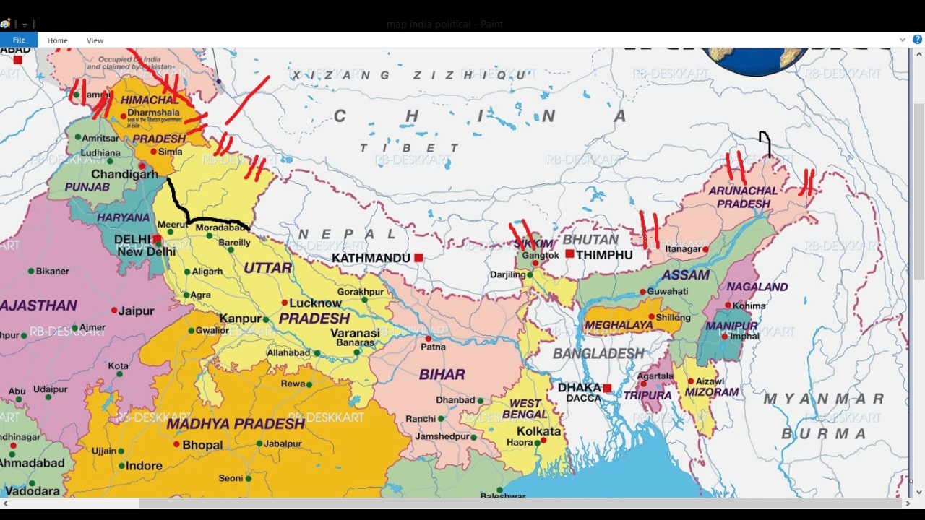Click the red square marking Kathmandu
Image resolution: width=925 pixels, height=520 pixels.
pyautogui.click(x=418, y=258)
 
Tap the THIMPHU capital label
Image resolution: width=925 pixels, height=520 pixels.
pyautogui.click(x=604, y=255)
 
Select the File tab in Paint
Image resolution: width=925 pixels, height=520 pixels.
pyautogui.click(x=19, y=40)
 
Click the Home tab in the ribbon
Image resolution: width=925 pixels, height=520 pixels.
pyautogui.click(x=57, y=40)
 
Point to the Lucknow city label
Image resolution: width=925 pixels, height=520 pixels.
pyautogui.click(x=315, y=303)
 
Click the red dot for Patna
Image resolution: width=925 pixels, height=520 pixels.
pyautogui.click(x=429, y=338)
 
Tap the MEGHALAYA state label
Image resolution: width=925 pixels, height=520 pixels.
pyautogui.click(x=619, y=325)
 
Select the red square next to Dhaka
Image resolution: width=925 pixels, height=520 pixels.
pyautogui.click(x=607, y=389)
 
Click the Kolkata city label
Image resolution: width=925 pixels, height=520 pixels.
pyautogui.click(x=539, y=431)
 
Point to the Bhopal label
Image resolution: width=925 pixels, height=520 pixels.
pyautogui.click(x=202, y=445)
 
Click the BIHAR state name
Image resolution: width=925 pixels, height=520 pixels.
pyautogui.click(x=442, y=374)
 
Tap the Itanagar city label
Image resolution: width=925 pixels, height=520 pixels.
pyautogui.click(x=684, y=249)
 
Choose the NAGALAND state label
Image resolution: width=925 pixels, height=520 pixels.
pyautogui.click(x=757, y=287)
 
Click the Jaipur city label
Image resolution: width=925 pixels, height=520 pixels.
pyautogui.click(x=137, y=311)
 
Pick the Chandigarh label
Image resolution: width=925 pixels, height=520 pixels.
pyautogui.click(x=124, y=174)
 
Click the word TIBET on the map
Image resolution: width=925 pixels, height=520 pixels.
pyautogui.click(x=410, y=148)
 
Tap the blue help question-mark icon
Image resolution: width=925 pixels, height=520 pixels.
pyautogui.click(x=917, y=40)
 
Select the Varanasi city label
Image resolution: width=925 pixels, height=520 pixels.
pyautogui.click(x=355, y=333)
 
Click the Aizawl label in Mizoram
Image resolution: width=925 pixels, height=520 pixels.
pyautogui.click(x=710, y=381)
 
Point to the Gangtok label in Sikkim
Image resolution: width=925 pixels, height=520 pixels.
pyautogui.click(x=541, y=256)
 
